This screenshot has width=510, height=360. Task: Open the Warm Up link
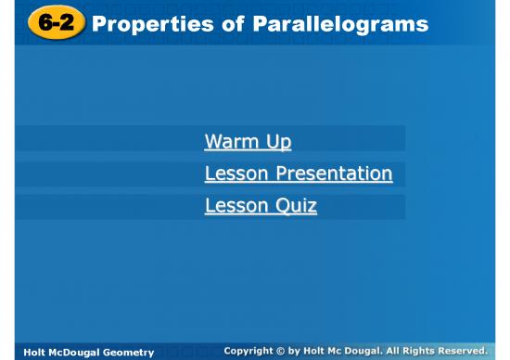248,142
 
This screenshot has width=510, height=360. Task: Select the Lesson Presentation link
298,174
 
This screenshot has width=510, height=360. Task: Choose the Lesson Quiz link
261,205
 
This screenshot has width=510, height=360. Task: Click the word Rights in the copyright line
413,351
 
